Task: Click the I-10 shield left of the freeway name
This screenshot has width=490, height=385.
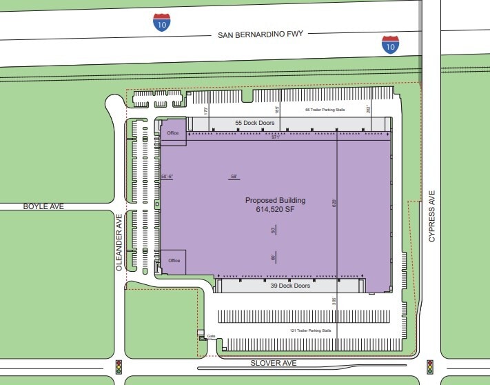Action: (x=162, y=22)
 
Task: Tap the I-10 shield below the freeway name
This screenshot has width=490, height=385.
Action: (x=390, y=45)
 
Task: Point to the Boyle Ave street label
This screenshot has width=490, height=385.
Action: (x=24, y=206)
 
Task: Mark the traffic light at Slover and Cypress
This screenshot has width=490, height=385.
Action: (x=429, y=366)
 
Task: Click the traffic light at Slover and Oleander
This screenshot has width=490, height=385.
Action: (x=119, y=366)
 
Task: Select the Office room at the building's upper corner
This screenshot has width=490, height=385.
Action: (x=173, y=133)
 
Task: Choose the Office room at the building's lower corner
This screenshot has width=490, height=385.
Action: (x=174, y=261)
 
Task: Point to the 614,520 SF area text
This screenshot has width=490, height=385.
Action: (x=275, y=210)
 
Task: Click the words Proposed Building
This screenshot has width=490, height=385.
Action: (x=275, y=201)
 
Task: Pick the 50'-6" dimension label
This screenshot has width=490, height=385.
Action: (x=167, y=177)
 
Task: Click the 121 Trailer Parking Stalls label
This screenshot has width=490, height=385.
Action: (x=311, y=330)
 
